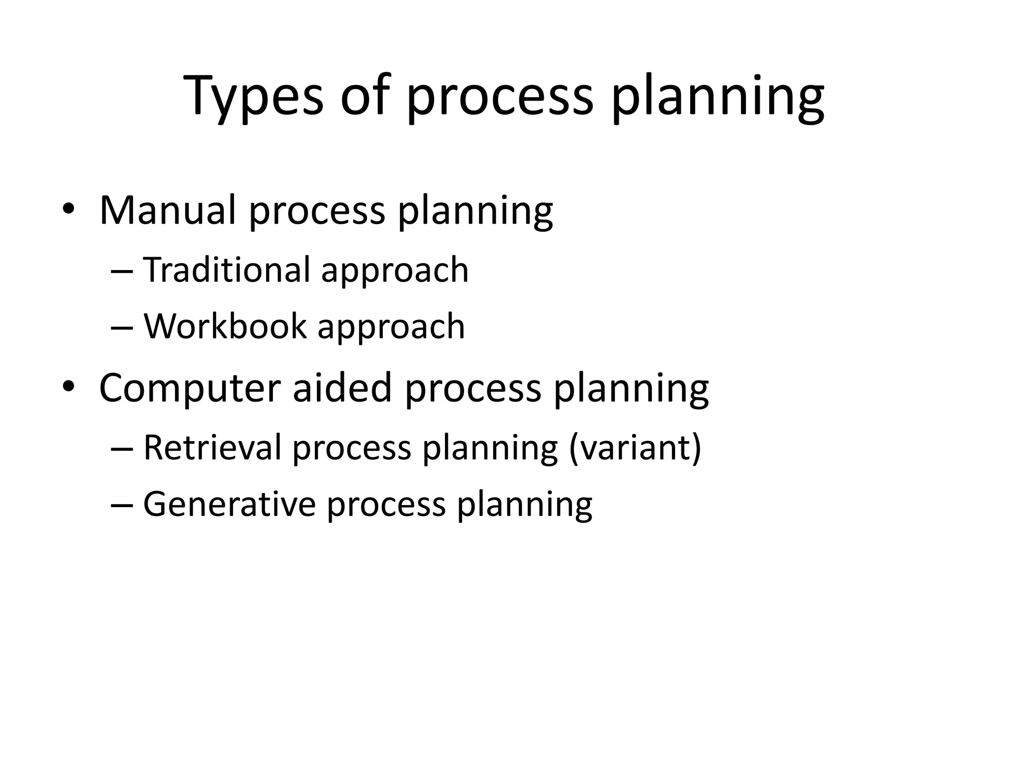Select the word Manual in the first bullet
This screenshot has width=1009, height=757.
click(168, 210)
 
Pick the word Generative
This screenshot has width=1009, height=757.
click(229, 504)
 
